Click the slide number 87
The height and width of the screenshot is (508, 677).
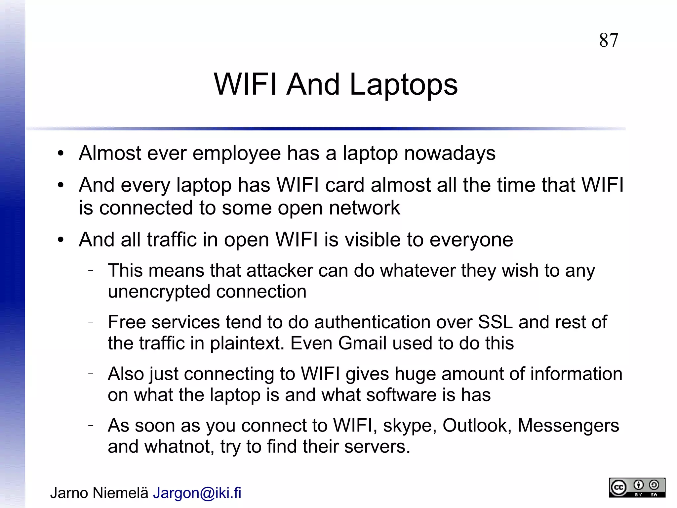click(608, 40)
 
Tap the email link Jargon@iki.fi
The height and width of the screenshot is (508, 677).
click(197, 493)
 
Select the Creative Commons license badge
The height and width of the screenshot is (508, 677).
click(637, 487)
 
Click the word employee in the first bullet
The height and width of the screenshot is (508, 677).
click(237, 153)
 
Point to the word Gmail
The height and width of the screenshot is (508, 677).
click(362, 343)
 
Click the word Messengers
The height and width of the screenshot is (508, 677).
click(568, 426)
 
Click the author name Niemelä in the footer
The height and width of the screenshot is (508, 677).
click(120, 493)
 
